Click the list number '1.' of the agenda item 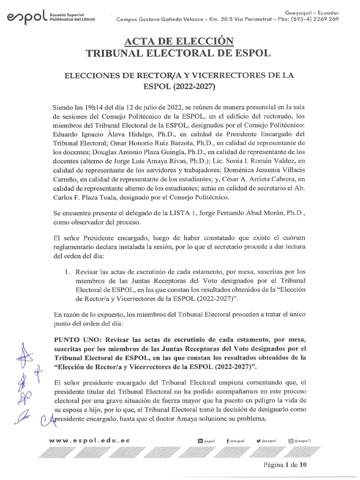pos(67,271)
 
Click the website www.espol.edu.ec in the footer pos(90,441)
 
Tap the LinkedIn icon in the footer pos(201,441)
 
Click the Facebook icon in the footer pos(227,441)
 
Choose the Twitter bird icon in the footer pos(259,441)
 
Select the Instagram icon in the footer pos(291,441)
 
